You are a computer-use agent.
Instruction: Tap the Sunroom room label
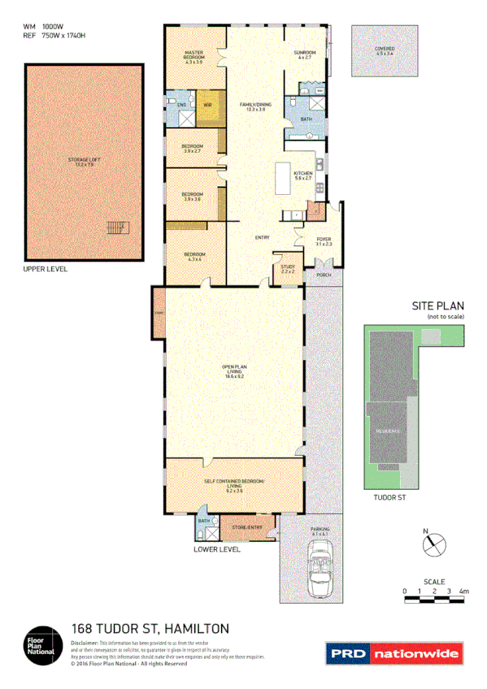click(306, 54)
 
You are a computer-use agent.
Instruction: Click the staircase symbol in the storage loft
click(119, 227)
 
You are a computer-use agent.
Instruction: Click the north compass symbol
click(434, 543)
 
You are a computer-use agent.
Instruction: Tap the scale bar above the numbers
click(434, 600)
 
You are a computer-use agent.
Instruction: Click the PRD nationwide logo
click(394, 652)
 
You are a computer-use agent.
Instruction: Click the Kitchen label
click(303, 175)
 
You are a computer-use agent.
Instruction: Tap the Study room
click(287, 268)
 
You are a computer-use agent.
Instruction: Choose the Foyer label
click(323, 241)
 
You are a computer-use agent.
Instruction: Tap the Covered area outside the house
click(385, 51)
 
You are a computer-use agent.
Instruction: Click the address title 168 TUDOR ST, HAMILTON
click(150, 628)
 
